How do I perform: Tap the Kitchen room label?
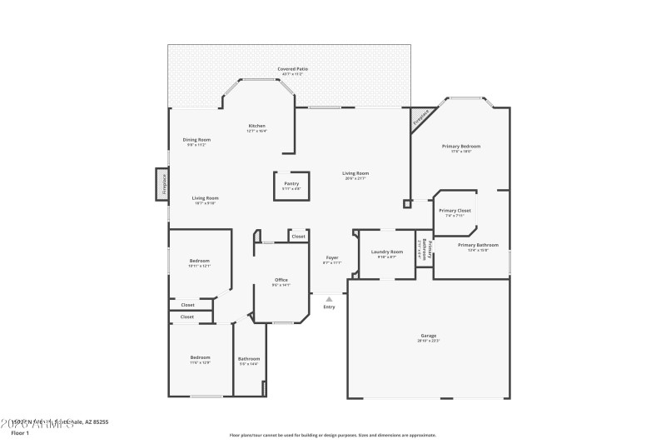(x=256, y=126)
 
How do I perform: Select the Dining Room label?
(x=196, y=139)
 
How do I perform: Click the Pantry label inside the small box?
(x=291, y=183)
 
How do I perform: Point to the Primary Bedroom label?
(x=460, y=146)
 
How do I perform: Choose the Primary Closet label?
(x=455, y=211)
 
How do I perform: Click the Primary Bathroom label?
(x=478, y=245)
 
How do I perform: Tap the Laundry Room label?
(x=387, y=252)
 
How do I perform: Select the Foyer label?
(x=332, y=257)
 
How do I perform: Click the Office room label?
(x=281, y=280)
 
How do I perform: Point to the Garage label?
(x=428, y=336)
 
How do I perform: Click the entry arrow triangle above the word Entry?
(x=329, y=298)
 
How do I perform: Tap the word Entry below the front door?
(x=329, y=307)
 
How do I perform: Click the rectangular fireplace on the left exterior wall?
(x=162, y=184)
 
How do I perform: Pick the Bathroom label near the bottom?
(x=249, y=358)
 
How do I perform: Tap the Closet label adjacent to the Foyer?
(x=298, y=237)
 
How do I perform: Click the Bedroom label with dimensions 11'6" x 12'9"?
(x=200, y=357)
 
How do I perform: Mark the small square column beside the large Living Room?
(x=406, y=203)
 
